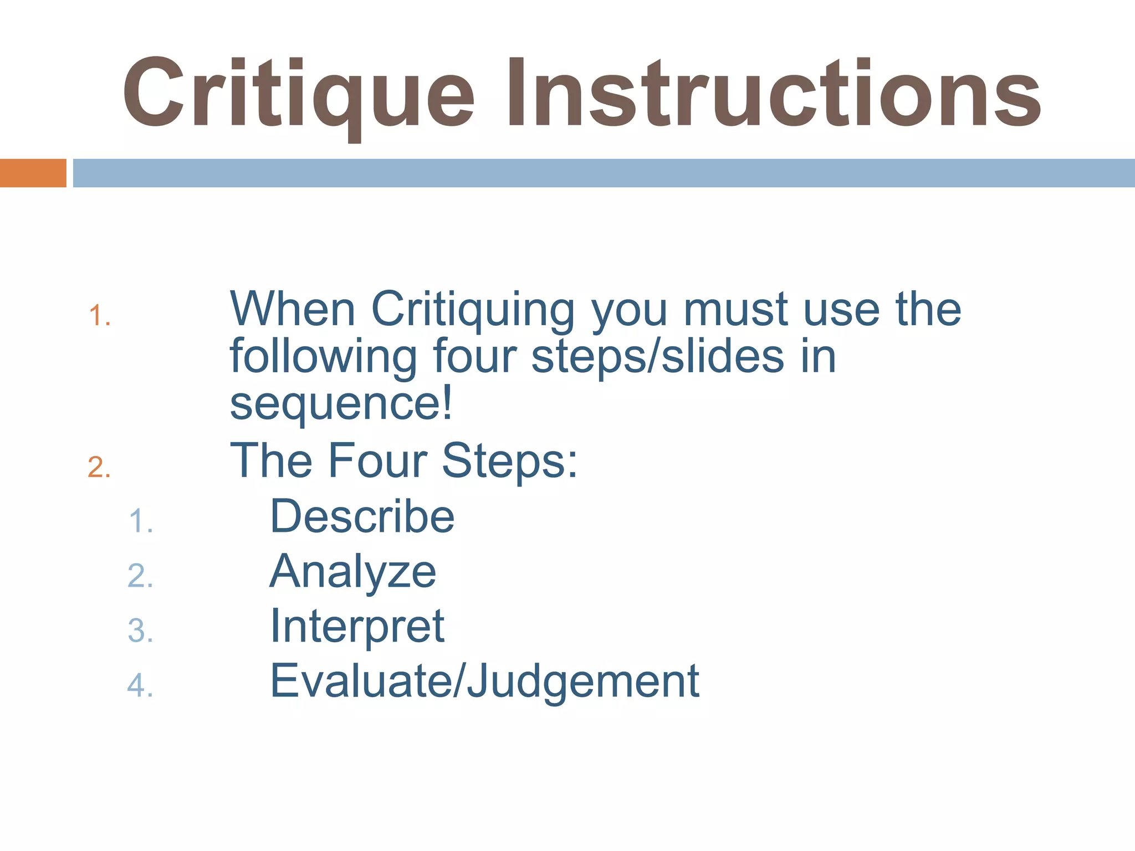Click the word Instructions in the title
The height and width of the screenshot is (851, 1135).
pos(773,94)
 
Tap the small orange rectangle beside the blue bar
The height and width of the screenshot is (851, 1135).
pos(33,173)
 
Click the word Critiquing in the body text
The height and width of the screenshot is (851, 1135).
pos(473,310)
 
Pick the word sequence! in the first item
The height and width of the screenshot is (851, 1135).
pos(341,404)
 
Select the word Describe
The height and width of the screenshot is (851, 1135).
pos(362,516)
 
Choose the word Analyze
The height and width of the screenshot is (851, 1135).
pos(353,572)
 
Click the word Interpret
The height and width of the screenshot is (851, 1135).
pos(357,627)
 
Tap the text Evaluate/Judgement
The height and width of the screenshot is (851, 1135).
pos(484,682)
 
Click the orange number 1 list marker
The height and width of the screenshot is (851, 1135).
pos(99,316)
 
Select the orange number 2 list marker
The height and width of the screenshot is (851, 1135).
pos(99,467)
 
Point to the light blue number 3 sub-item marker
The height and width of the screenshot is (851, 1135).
pos(140,631)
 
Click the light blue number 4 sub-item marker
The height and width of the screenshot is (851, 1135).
pos(140,685)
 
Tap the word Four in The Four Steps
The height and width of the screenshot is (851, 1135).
pos(377,460)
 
